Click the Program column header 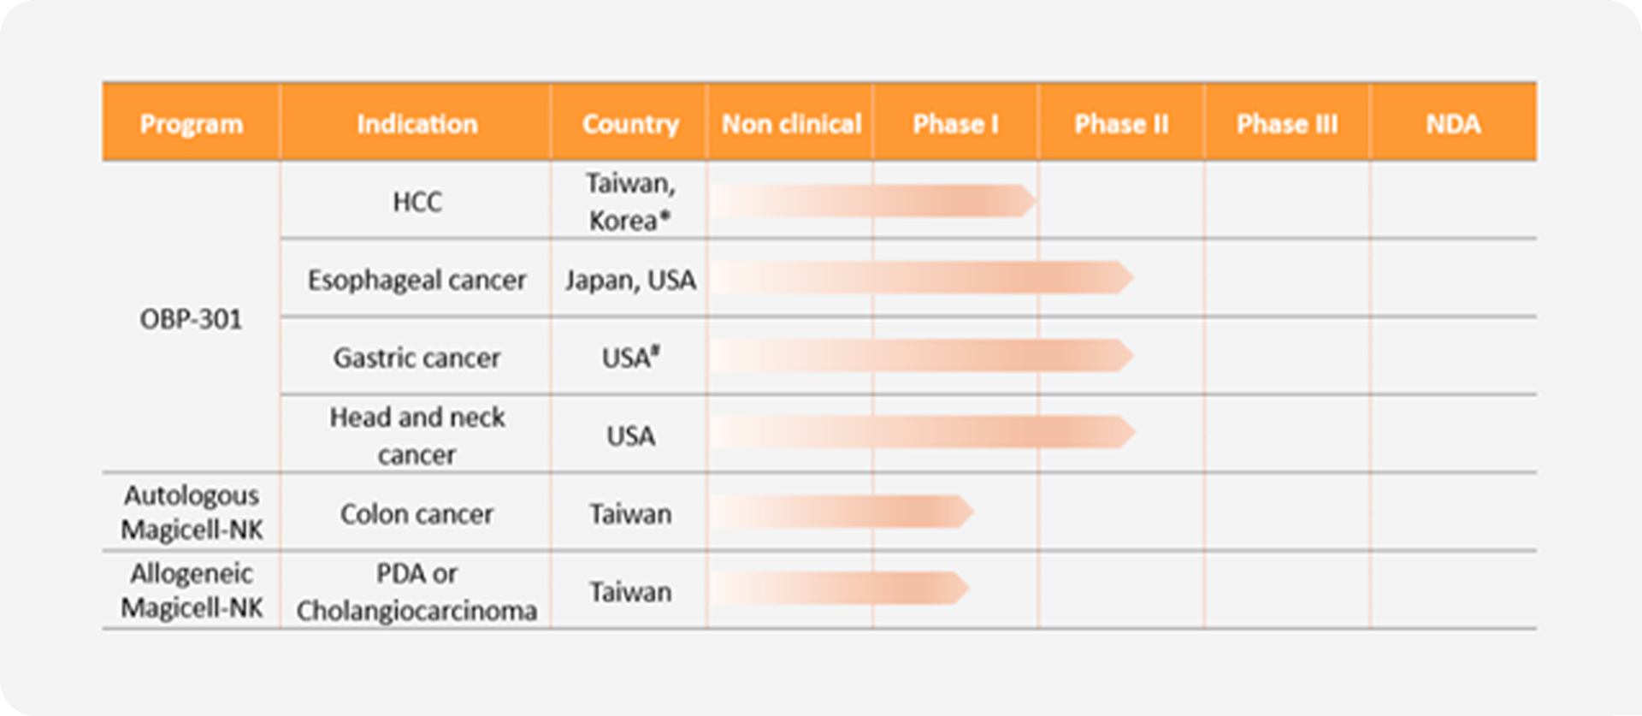tap(192, 124)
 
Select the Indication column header tap(416, 124)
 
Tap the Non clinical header tap(791, 124)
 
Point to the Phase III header tap(1287, 124)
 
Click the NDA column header tap(1453, 124)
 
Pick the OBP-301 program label tap(191, 319)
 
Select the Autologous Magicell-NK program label tap(192, 512)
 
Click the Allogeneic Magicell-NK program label tap(192, 590)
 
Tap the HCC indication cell tap(417, 202)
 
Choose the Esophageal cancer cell tap(416, 280)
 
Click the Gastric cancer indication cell tap(416, 358)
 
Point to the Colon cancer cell tap(416, 514)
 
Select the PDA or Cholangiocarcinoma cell tap(416, 592)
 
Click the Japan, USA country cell tap(630, 280)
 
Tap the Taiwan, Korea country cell tap(630, 202)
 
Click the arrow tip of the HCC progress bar tap(1037, 201)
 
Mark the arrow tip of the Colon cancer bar tap(973, 512)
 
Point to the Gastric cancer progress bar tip tap(1133, 356)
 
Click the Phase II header tap(1121, 124)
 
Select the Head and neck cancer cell tap(417, 435)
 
